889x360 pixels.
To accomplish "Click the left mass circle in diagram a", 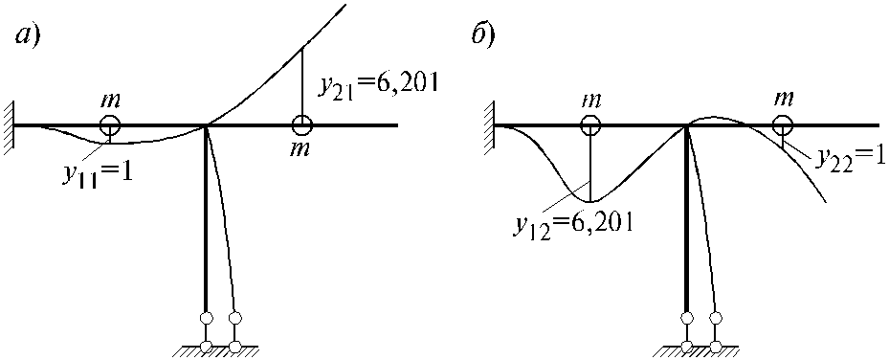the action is pos(109,125).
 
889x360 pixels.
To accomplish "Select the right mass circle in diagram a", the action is pos(301,125).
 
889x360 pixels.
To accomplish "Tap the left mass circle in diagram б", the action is pos(590,125).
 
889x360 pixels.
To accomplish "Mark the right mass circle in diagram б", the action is pos(783,125).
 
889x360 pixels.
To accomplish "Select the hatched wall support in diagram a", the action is pos(7,125).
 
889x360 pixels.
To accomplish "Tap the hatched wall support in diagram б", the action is pos(488,125).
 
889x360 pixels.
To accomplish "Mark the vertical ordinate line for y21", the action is pos(301,82).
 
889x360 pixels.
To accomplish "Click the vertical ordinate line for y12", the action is pos(590,168).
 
